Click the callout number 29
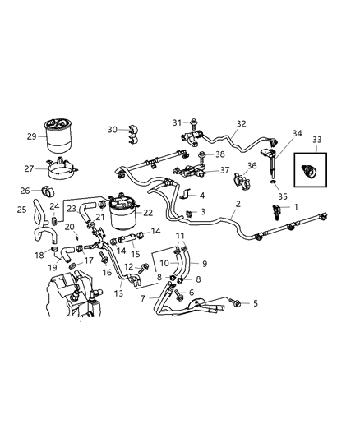[x=31, y=136]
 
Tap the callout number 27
[x=30, y=168]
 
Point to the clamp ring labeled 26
[x=48, y=193]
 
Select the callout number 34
[x=298, y=133]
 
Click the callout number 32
[x=241, y=125]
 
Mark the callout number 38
[x=219, y=154]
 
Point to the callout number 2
[x=238, y=204]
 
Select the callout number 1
[x=296, y=208]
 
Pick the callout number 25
[x=21, y=210]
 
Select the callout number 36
[x=252, y=166]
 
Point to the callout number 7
[x=143, y=298]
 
